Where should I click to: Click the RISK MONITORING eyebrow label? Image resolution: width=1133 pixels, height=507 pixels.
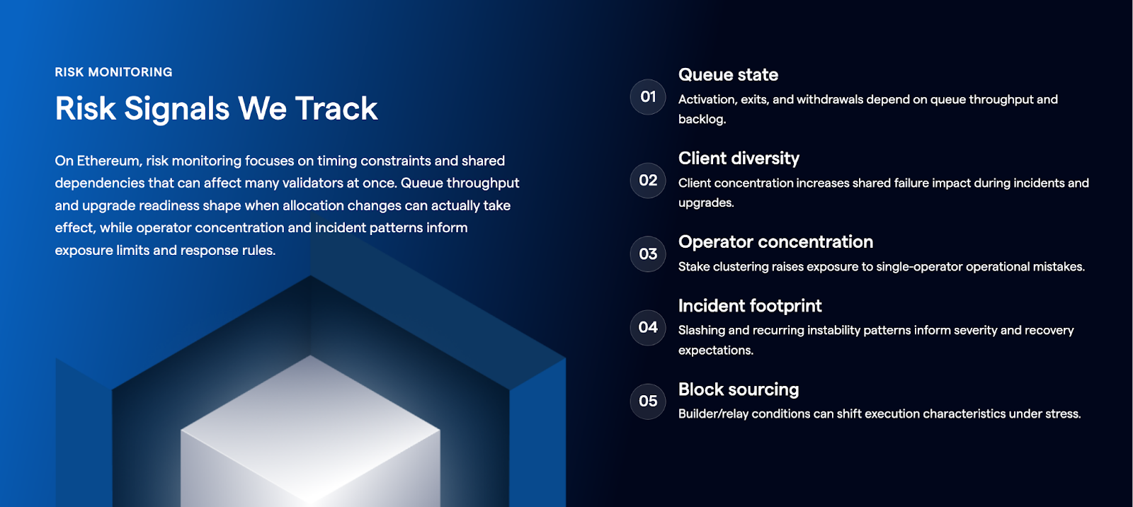click(x=113, y=72)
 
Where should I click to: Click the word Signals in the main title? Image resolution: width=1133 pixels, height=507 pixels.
click(x=176, y=109)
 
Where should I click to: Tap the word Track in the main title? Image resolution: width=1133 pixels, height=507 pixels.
click(x=336, y=108)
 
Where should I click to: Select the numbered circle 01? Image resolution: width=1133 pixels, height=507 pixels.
click(x=648, y=96)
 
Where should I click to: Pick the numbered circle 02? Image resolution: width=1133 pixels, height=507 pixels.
click(x=648, y=180)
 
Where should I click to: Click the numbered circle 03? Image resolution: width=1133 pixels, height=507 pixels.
click(x=648, y=253)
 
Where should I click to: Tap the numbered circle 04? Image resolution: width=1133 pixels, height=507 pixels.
click(x=648, y=327)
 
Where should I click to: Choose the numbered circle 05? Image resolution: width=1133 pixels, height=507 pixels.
click(x=648, y=401)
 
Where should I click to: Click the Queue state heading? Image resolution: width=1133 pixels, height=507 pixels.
click(x=728, y=75)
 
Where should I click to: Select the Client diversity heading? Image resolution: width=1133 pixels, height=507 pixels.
click(x=739, y=159)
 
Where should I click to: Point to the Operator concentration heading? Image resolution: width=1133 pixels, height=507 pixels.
click(x=775, y=242)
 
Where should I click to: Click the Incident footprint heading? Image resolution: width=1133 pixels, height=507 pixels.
click(x=750, y=306)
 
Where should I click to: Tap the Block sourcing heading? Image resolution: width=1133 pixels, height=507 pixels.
click(x=739, y=389)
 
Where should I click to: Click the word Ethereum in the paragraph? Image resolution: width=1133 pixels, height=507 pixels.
click(x=108, y=161)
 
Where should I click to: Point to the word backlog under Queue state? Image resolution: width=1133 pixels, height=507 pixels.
click(x=702, y=120)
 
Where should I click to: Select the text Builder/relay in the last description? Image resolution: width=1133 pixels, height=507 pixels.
click(x=713, y=414)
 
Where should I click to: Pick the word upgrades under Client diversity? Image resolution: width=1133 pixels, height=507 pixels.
click(x=705, y=203)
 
